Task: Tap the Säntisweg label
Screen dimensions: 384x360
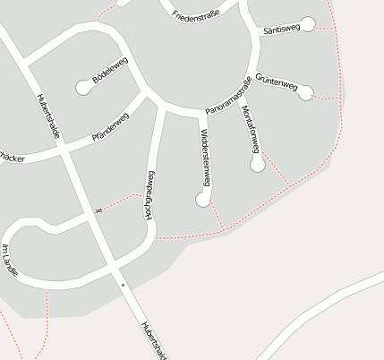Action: (281, 30)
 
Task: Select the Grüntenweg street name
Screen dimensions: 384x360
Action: (276, 82)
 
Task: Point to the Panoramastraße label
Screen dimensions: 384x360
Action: (228, 97)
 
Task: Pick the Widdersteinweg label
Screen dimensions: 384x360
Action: (205, 157)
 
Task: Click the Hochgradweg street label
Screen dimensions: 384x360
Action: (149, 194)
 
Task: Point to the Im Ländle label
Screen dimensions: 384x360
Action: (9, 260)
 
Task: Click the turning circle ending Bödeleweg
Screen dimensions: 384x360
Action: (84, 87)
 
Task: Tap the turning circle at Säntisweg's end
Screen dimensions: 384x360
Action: (308, 24)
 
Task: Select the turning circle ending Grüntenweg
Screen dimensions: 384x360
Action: (306, 91)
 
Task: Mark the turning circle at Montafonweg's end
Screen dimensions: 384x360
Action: (258, 165)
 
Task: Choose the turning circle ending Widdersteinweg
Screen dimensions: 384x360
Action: (203, 200)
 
